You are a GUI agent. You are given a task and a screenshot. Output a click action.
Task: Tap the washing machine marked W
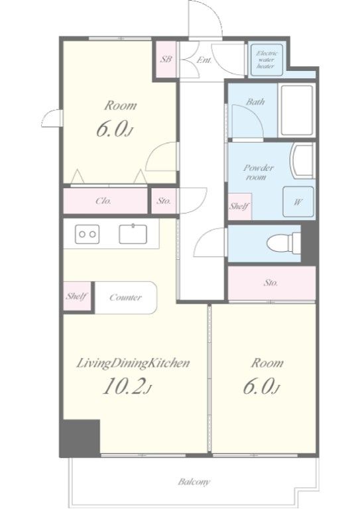(298, 201)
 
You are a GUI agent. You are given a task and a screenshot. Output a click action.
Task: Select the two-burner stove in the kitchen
(87, 234)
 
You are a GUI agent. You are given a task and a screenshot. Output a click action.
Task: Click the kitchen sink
(133, 234)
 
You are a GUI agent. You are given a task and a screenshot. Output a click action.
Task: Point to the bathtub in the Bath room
(297, 110)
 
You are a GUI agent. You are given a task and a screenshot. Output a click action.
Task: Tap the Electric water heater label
(265, 60)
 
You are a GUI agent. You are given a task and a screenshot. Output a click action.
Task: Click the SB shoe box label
(166, 60)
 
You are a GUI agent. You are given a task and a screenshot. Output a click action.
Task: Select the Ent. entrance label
(204, 60)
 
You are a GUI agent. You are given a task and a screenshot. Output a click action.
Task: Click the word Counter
(125, 298)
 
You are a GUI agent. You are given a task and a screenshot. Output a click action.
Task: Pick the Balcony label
(194, 482)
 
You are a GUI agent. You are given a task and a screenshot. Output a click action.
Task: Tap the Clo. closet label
(103, 201)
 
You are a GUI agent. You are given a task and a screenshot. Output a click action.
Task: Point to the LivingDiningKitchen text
(133, 363)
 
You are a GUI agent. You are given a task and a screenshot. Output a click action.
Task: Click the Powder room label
(259, 172)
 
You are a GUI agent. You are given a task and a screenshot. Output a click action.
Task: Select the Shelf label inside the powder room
(239, 206)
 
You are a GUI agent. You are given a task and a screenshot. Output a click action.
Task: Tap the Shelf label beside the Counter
(77, 296)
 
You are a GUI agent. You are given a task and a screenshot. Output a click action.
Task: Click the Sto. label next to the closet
(164, 201)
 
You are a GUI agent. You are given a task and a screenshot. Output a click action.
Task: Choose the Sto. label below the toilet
(270, 283)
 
